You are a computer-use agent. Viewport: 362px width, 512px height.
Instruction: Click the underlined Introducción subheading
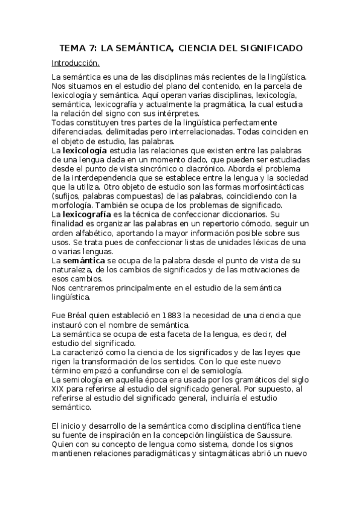(76, 63)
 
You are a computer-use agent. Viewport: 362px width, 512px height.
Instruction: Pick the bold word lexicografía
(87, 214)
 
